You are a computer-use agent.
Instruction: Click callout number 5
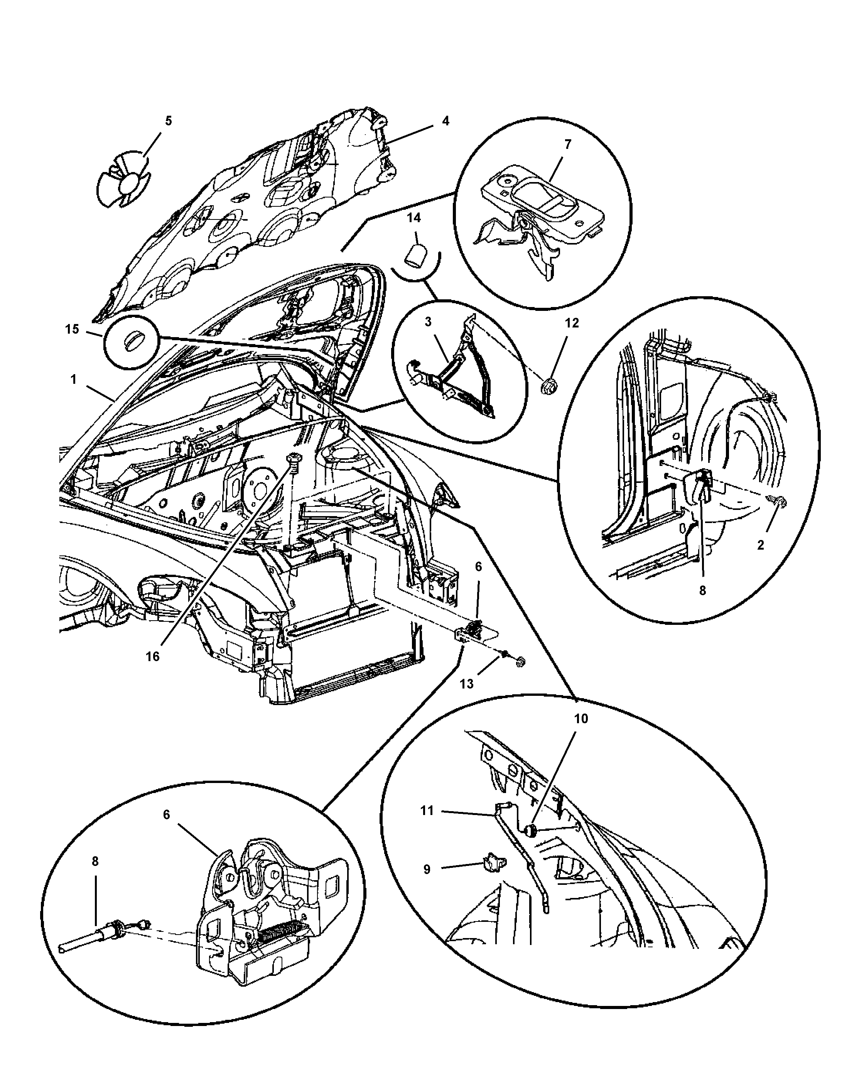pyautogui.click(x=168, y=121)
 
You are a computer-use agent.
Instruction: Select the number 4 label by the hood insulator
pyautogui.click(x=445, y=121)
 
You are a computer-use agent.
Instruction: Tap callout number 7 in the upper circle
pyautogui.click(x=567, y=145)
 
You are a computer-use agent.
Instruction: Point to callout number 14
pyautogui.click(x=414, y=218)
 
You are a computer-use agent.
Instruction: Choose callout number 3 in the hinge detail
pyautogui.click(x=428, y=322)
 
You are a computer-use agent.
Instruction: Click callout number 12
pyautogui.click(x=572, y=323)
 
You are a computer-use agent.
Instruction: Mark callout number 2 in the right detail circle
pyautogui.click(x=760, y=545)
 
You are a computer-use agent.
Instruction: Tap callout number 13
pyautogui.click(x=466, y=684)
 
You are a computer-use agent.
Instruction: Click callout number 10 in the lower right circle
pyautogui.click(x=581, y=719)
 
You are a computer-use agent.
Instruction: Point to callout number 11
pyautogui.click(x=427, y=810)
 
